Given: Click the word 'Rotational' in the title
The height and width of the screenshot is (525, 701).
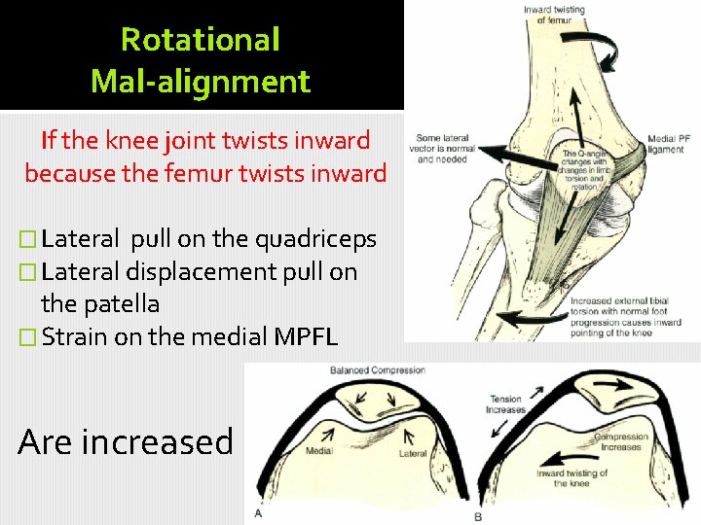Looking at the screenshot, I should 200,39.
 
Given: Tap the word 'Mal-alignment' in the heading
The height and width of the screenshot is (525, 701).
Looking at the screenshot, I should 200,81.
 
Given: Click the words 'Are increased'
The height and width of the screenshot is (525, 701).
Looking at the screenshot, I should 126,441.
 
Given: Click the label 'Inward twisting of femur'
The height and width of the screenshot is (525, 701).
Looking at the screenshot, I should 554,15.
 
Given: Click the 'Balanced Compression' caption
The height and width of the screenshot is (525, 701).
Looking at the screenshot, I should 378,370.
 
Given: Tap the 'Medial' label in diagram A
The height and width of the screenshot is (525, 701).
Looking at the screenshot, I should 319,451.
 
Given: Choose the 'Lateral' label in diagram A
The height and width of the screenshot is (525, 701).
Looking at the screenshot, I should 414,453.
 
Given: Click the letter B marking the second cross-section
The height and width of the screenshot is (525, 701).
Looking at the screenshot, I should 478,516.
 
